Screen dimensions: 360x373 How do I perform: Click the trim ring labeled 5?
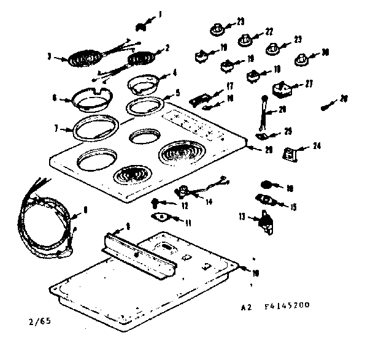147,106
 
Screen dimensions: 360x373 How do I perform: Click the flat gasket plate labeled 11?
161,216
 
